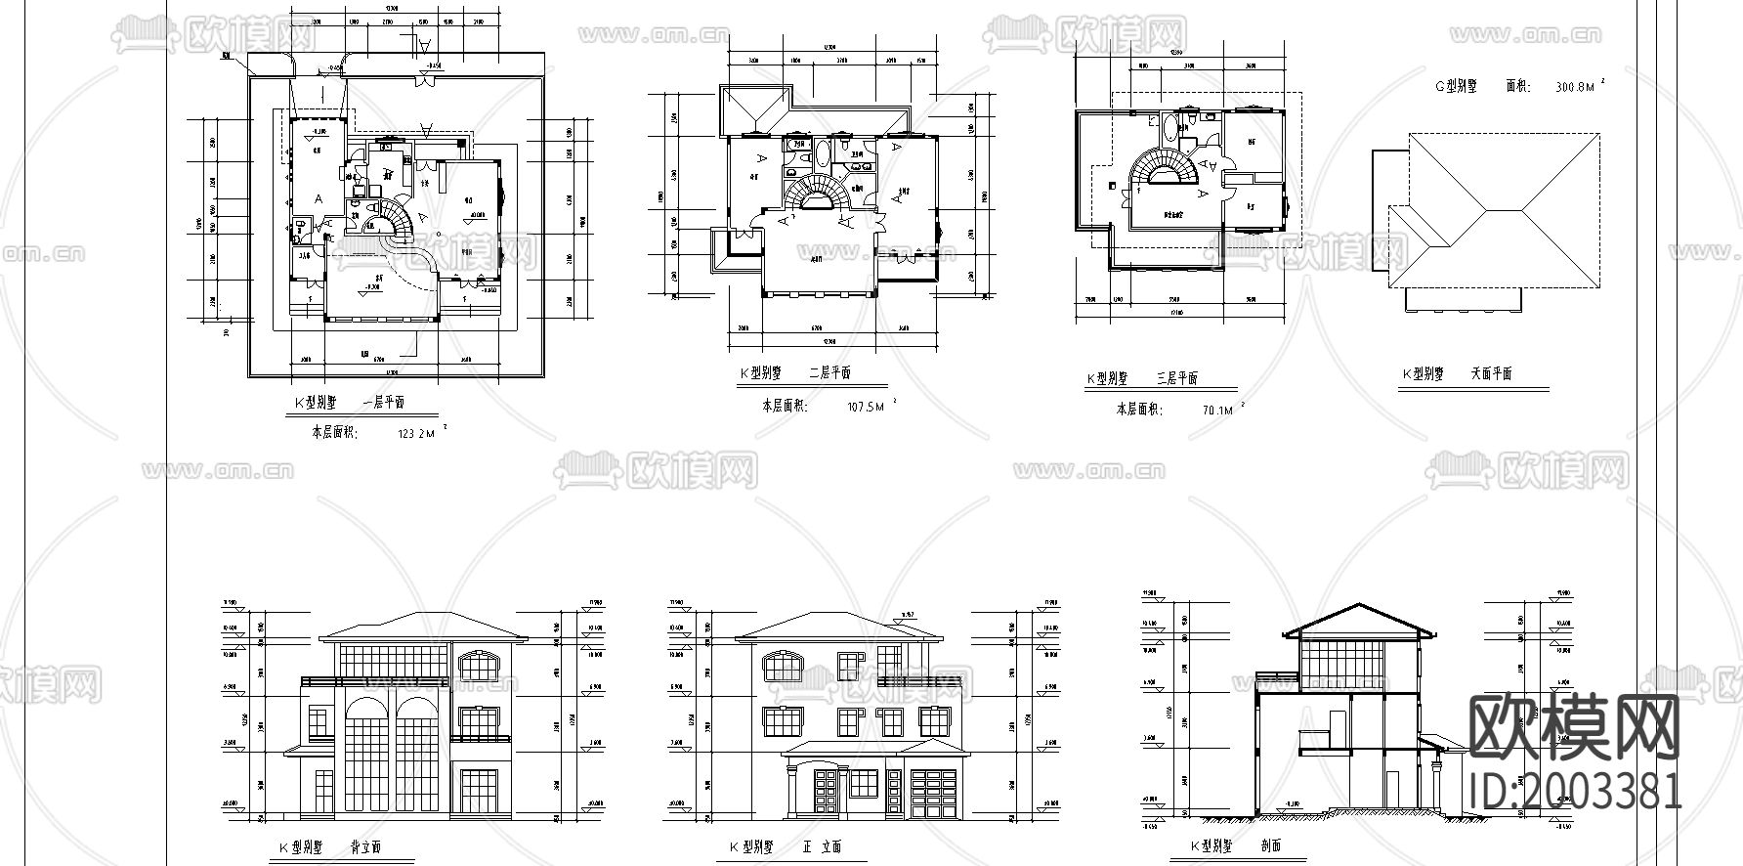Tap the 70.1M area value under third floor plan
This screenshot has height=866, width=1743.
1217,411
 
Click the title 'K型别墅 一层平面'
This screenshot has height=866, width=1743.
350,403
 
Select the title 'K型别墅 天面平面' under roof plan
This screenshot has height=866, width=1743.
1457,374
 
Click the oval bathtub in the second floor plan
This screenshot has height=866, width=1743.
822,152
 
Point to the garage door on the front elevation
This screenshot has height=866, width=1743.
932,794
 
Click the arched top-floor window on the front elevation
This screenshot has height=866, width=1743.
784,668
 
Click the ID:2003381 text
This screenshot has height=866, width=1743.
1576,792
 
